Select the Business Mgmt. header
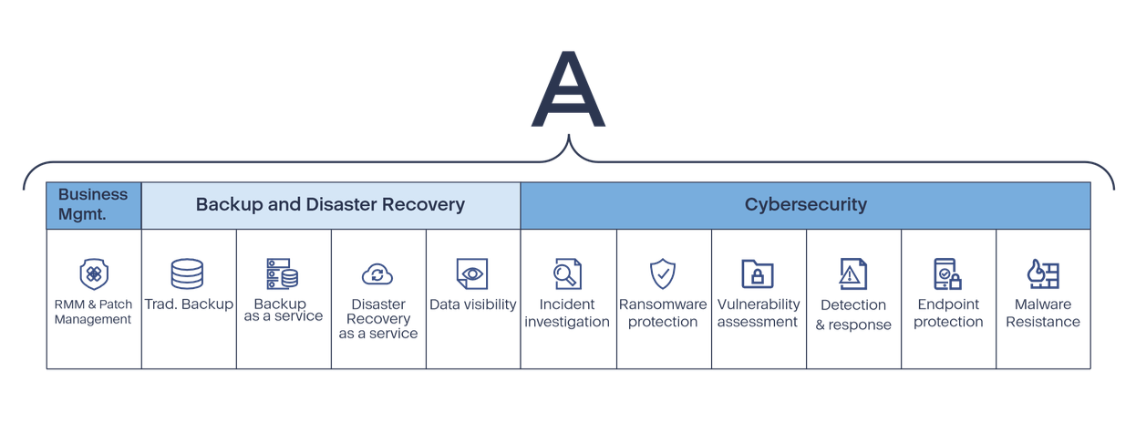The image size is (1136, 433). click(93, 204)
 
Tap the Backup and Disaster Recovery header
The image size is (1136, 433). click(330, 204)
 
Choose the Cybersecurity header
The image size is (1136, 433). click(805, 204)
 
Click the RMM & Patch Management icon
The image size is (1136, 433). click(93, 273)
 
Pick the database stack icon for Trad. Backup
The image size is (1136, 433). click(188, 273)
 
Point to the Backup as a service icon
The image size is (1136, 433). click(283, 273)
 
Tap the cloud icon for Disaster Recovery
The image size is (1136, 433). click(377, 273)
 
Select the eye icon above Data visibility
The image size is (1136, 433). click(472, 273)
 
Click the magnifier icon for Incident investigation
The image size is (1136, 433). click(567, 273)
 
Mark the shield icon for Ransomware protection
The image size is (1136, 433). click(663, 273)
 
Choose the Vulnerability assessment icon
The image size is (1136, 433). click(758, 273)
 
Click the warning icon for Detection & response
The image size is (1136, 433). click(853, 273)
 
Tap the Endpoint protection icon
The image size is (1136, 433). click(948, 273)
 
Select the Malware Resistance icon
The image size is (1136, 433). click(1043, 273)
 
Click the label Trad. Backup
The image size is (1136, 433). click(188, 304)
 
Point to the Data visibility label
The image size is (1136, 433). click(472, 304)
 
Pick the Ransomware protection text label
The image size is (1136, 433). click(663, 313)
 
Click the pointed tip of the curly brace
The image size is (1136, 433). click(569, 138)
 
